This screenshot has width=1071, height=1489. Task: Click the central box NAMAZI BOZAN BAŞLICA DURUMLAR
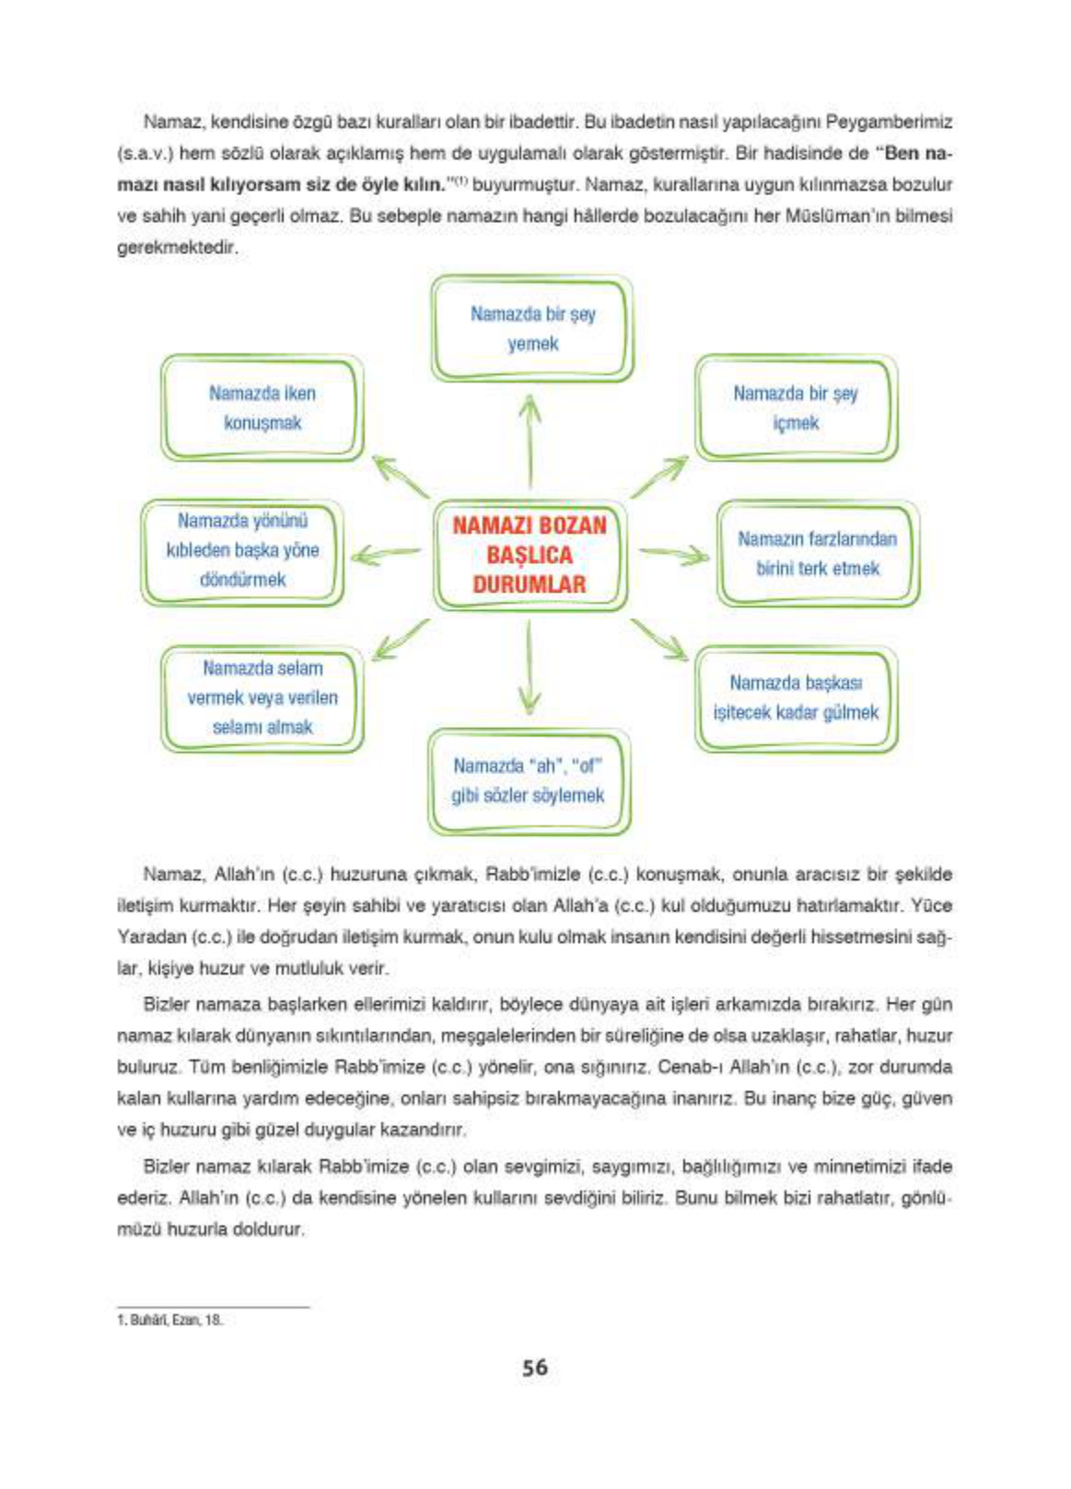click(530, 554)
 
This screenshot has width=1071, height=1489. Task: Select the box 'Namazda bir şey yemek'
click(532, 329)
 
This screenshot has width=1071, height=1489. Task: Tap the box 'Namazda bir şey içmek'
click(795, 407)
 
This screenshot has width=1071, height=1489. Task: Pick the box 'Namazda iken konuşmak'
click(262, 407)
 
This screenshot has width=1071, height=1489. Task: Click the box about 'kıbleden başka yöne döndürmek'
click(242, 550)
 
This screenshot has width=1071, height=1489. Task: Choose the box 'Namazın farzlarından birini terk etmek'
click(817, 553)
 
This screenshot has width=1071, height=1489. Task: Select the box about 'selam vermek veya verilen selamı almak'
click(262, 698)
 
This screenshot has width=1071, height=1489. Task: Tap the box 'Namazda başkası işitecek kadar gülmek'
click(795, 698)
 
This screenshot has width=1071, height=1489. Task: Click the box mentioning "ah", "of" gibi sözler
click(529, 780)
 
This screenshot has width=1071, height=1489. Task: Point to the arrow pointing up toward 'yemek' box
click(530, 440)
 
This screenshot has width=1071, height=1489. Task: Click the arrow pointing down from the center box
click(529, 668)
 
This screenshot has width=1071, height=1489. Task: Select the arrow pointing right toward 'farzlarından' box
click(674, 555)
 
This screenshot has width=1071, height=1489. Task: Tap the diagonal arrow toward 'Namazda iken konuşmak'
click(399, 476)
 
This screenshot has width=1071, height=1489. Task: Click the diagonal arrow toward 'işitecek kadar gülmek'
click(660, 639)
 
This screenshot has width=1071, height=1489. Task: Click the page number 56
click(534, 1367)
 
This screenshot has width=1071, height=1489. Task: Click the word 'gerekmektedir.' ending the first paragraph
click(177, 248)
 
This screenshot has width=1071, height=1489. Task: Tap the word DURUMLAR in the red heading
click(530, 584)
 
